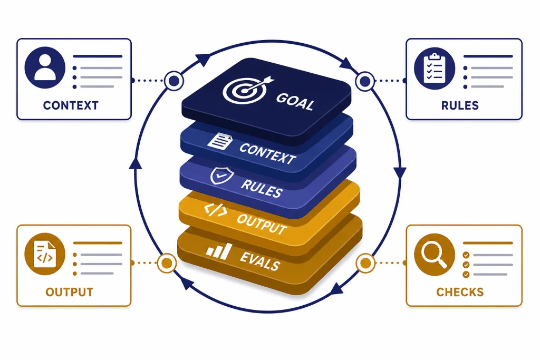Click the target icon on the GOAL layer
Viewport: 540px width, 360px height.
(246, 90)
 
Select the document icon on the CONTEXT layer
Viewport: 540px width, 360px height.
(219, 141)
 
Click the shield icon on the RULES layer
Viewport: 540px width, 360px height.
(222, 176)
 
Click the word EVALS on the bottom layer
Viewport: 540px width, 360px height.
(259, 261)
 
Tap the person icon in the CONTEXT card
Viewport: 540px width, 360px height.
(45, 68)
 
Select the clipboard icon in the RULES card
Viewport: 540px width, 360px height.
(435, 68)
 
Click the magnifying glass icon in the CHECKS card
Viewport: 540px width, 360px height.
(435, 255)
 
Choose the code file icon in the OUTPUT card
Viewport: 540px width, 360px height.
(45, 255)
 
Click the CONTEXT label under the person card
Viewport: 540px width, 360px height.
(71, 105)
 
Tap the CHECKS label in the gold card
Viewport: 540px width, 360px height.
(460, 292)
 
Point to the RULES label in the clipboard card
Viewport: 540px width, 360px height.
(460, 105)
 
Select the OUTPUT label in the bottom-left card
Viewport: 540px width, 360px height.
(69, 292)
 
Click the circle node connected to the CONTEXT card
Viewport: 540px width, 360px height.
(173, 81)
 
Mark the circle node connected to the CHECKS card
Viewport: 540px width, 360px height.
(365, 263)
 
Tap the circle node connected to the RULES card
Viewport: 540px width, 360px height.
(365, 81)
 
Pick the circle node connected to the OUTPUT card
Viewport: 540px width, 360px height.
(167, 263)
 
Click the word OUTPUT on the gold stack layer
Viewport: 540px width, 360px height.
(262, 224)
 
